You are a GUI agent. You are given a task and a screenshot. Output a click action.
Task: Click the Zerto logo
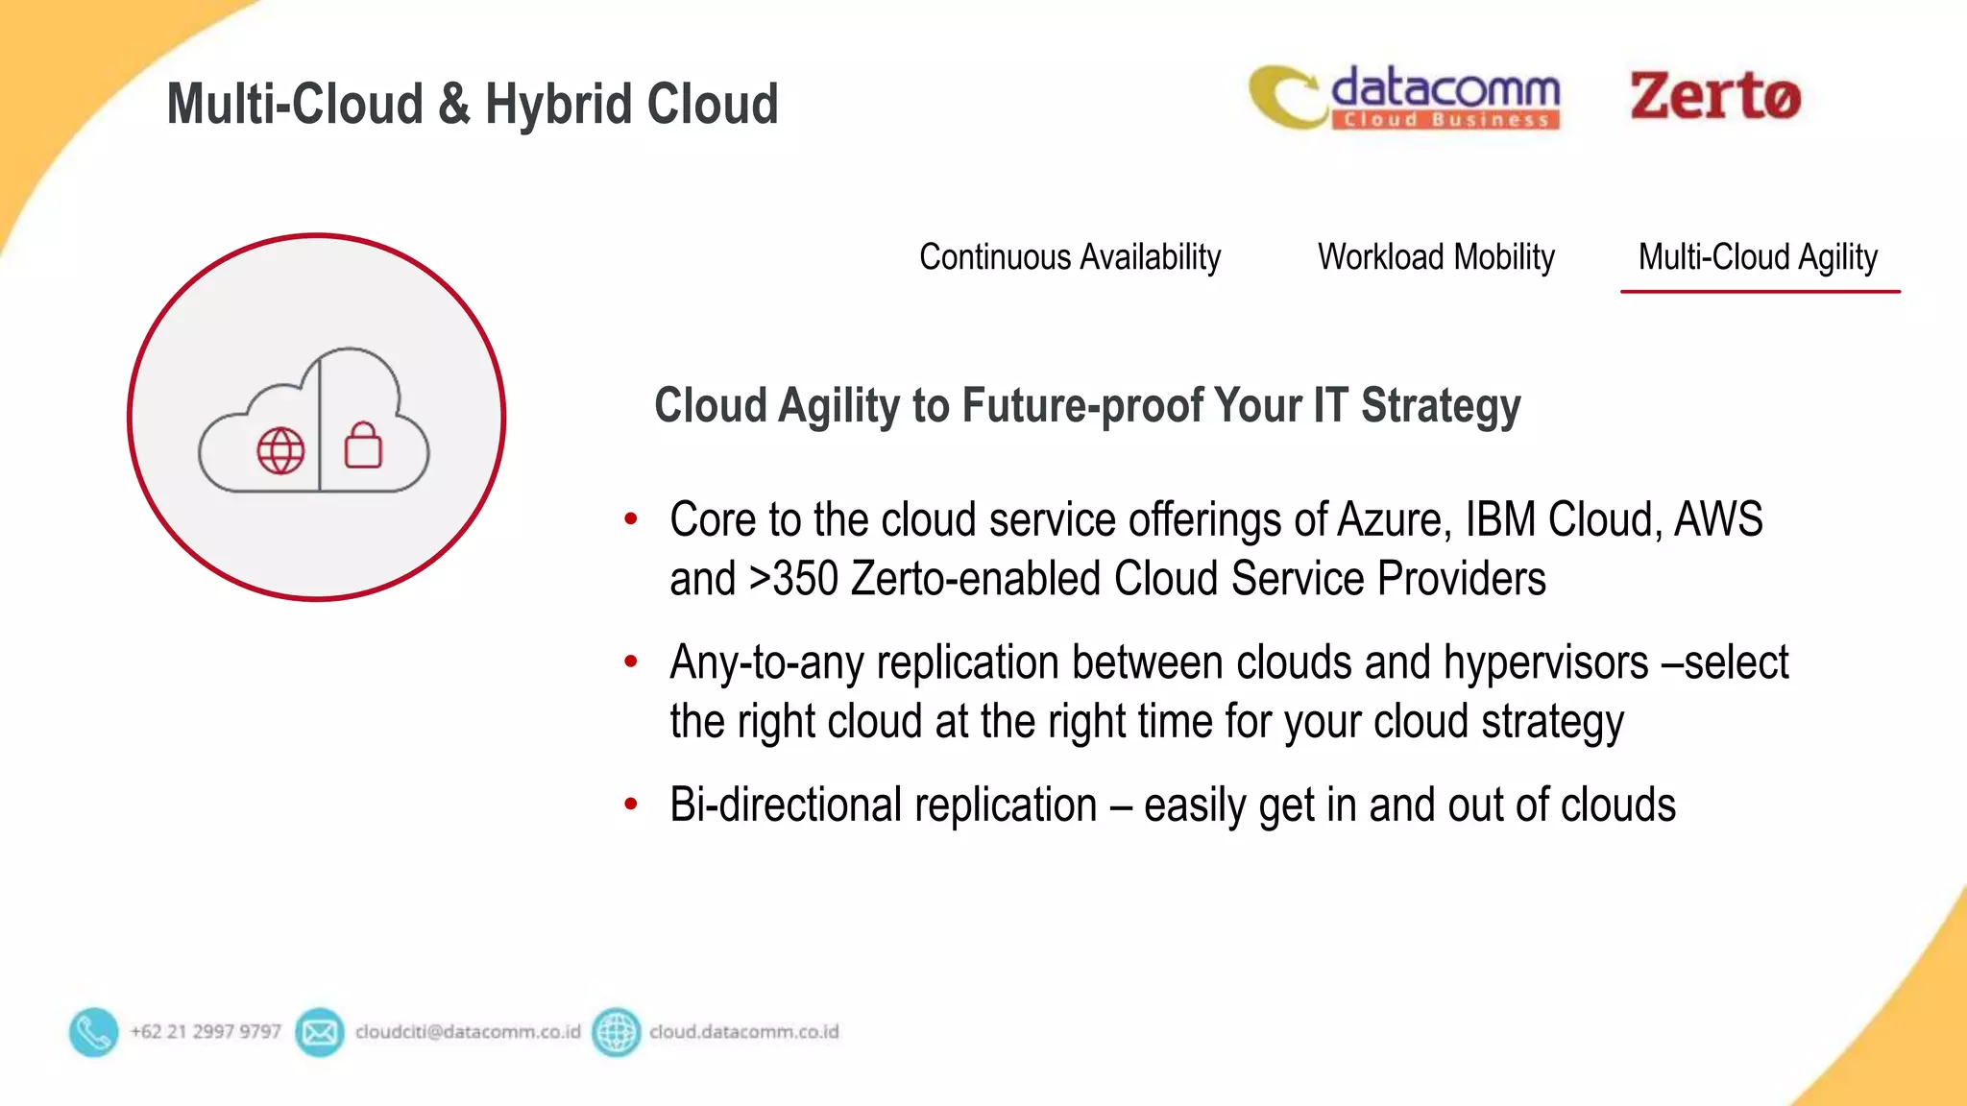tap(1714, 96)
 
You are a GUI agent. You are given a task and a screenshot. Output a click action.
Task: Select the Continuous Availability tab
tap(1069, 257)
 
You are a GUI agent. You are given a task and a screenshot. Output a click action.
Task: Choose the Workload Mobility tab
tap(1436, 257)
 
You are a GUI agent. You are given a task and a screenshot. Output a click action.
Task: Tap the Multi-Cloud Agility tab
tap(1758, 257)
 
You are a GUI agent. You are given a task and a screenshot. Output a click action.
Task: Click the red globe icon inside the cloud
tap(280, 450)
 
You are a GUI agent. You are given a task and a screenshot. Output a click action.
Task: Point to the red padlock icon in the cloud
tap(363, 445)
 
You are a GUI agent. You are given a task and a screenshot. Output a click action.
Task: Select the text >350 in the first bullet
tap(793, 579)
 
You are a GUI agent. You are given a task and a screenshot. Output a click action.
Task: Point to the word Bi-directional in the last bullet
tap(787, 805)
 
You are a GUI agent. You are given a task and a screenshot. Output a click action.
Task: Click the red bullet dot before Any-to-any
tap(631, 661)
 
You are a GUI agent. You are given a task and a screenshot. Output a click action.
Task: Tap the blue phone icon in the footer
tap(93, 1032)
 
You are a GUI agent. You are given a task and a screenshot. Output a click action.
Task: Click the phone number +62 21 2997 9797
tap(206, 1032)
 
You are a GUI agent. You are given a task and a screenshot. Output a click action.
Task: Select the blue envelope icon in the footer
tap(320, 1032)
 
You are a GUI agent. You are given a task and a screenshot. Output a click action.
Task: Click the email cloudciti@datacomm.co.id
tap(468, 1032)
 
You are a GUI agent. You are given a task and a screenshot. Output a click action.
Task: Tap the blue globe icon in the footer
tap(616, 1032)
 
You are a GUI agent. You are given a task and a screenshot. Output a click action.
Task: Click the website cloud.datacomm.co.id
tap(743, 1032)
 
